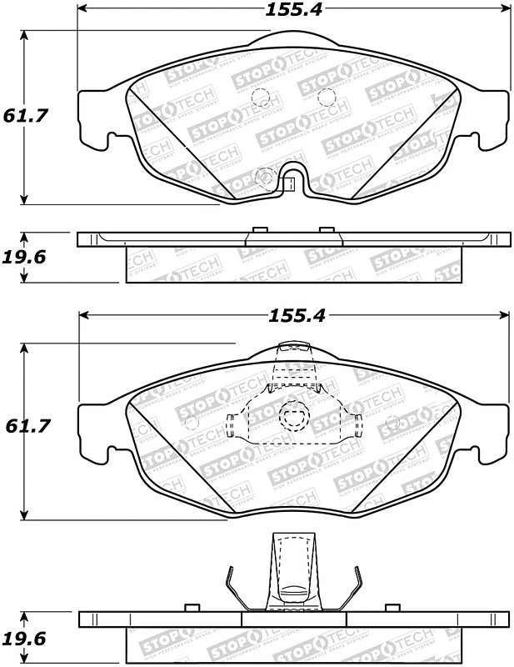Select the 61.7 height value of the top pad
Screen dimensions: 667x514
point(27,117)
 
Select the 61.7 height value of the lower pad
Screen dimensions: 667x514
point(27,426)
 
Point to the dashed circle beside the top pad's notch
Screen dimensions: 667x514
point(266,175)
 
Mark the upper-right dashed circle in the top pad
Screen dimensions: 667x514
point(327,96)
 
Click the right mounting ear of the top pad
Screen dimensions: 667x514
point(495,117)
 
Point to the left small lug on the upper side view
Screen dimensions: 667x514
point(258,229)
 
